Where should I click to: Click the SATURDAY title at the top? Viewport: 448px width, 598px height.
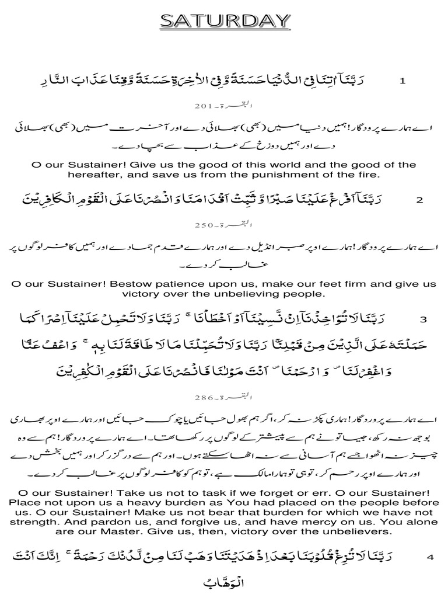[x=225, y=22]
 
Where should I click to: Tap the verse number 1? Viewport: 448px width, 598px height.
[x=402, y=81]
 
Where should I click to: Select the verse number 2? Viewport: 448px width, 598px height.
[x=419, y=200]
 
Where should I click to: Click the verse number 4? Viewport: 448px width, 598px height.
[x=430, y=557]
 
